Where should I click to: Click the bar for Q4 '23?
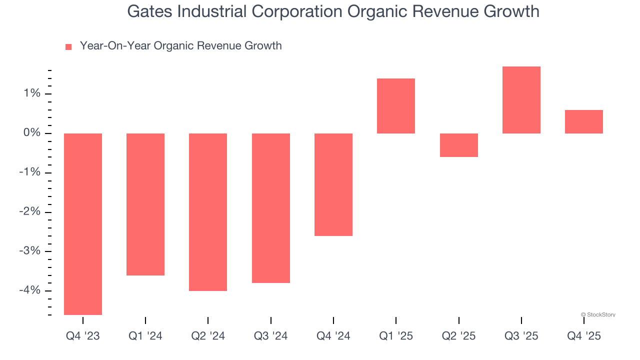83,224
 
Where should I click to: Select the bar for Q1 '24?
145,204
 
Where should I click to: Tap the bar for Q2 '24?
208,212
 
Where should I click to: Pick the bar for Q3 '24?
270,208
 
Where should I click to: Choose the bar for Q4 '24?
333,184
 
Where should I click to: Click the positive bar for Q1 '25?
396,106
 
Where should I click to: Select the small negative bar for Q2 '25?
458,145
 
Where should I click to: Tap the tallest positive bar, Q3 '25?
521,100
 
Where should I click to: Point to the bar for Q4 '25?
584,121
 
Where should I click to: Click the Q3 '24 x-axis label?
270,336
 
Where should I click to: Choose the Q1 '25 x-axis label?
396,336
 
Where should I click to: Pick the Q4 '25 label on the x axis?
584,336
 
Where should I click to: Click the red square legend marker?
68,46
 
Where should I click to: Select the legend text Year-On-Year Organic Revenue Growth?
180,46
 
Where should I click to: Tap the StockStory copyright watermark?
598,314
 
